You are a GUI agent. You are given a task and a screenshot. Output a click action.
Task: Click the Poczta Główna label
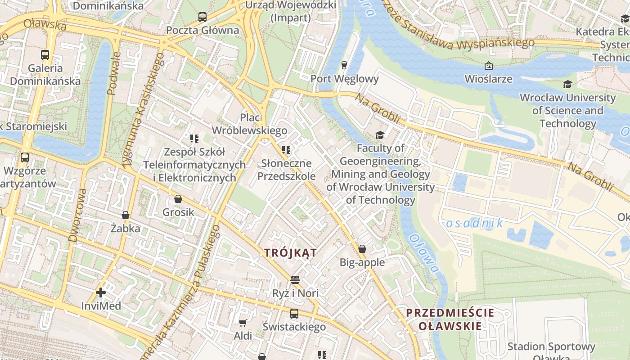point(202,30)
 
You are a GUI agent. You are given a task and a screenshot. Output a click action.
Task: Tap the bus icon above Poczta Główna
point(202,17)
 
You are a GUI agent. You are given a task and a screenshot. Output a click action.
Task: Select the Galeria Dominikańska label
point(45,75)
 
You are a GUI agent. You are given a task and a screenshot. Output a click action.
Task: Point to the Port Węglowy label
point(344,79)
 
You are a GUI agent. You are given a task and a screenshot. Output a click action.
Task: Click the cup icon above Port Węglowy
point(344,65)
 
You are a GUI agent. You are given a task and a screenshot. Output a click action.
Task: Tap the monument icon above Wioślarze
point(488,66)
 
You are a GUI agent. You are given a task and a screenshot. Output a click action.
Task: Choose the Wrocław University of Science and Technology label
point(567,110)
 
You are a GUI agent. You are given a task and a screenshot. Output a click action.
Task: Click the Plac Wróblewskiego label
point(249,124)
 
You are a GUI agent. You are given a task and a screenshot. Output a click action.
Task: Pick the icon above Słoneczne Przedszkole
point(286,149)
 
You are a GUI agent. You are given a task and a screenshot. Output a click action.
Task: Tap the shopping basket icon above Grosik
point(178,199)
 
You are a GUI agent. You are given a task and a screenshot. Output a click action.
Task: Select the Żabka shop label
point(126,229)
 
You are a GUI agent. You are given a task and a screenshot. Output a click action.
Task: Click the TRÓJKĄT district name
point(290,253)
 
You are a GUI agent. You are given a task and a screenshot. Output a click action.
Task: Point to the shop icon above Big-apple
point(362,249)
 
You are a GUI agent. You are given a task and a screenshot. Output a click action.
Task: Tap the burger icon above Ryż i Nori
point(295,280)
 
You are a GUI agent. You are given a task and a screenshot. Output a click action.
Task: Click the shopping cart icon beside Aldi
point(243,322)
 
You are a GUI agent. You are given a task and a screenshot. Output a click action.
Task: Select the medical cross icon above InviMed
point(101,292)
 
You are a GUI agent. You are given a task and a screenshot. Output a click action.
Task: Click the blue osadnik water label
point(474,223)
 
